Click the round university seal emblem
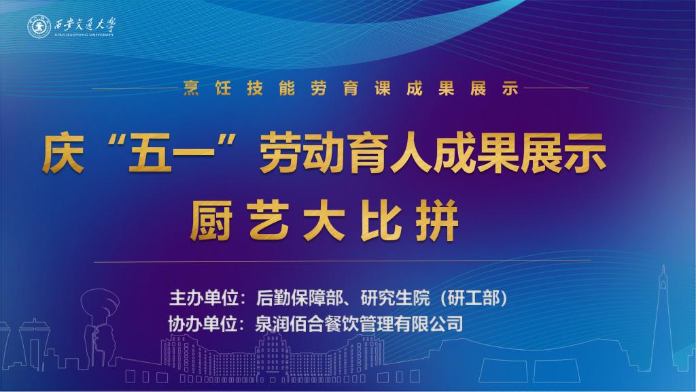tap(39, 27)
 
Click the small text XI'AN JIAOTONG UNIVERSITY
tap(84, 35)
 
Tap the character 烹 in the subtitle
tap(191, 88)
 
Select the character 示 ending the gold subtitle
tap(510, 88)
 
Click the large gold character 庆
tap(63, 154)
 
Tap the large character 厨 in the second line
tap(212, 221)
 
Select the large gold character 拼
tap(437, 221)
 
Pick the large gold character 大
tap(324, 221)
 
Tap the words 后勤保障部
tap(300, 298)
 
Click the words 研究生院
tap(395, 298)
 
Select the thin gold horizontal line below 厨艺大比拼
tap(343, 261)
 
